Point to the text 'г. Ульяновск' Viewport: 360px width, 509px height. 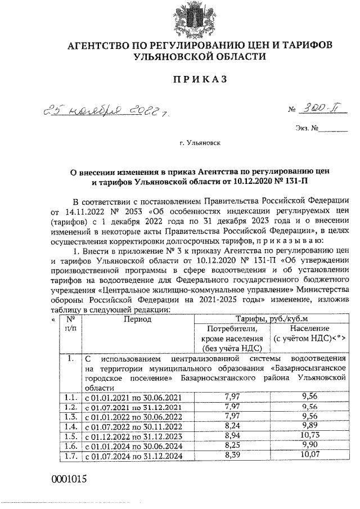[200, 143]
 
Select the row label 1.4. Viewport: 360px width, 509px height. [70, 426]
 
